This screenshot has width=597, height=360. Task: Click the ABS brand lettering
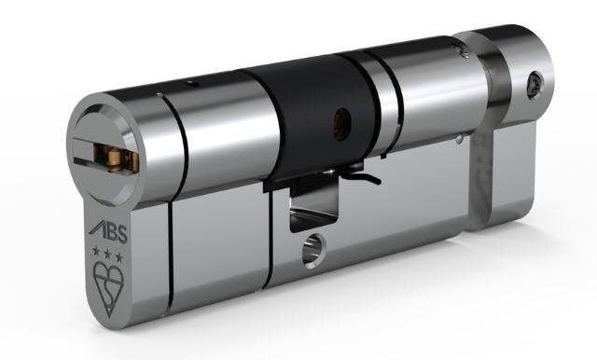(x=108, y=232)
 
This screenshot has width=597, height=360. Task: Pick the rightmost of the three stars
(x=119, y=257)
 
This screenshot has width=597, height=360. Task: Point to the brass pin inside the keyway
(x=114, y=158)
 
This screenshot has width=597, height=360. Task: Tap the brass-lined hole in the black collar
(x=340, y=122)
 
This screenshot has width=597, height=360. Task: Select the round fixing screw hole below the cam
(x=313, y=249)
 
